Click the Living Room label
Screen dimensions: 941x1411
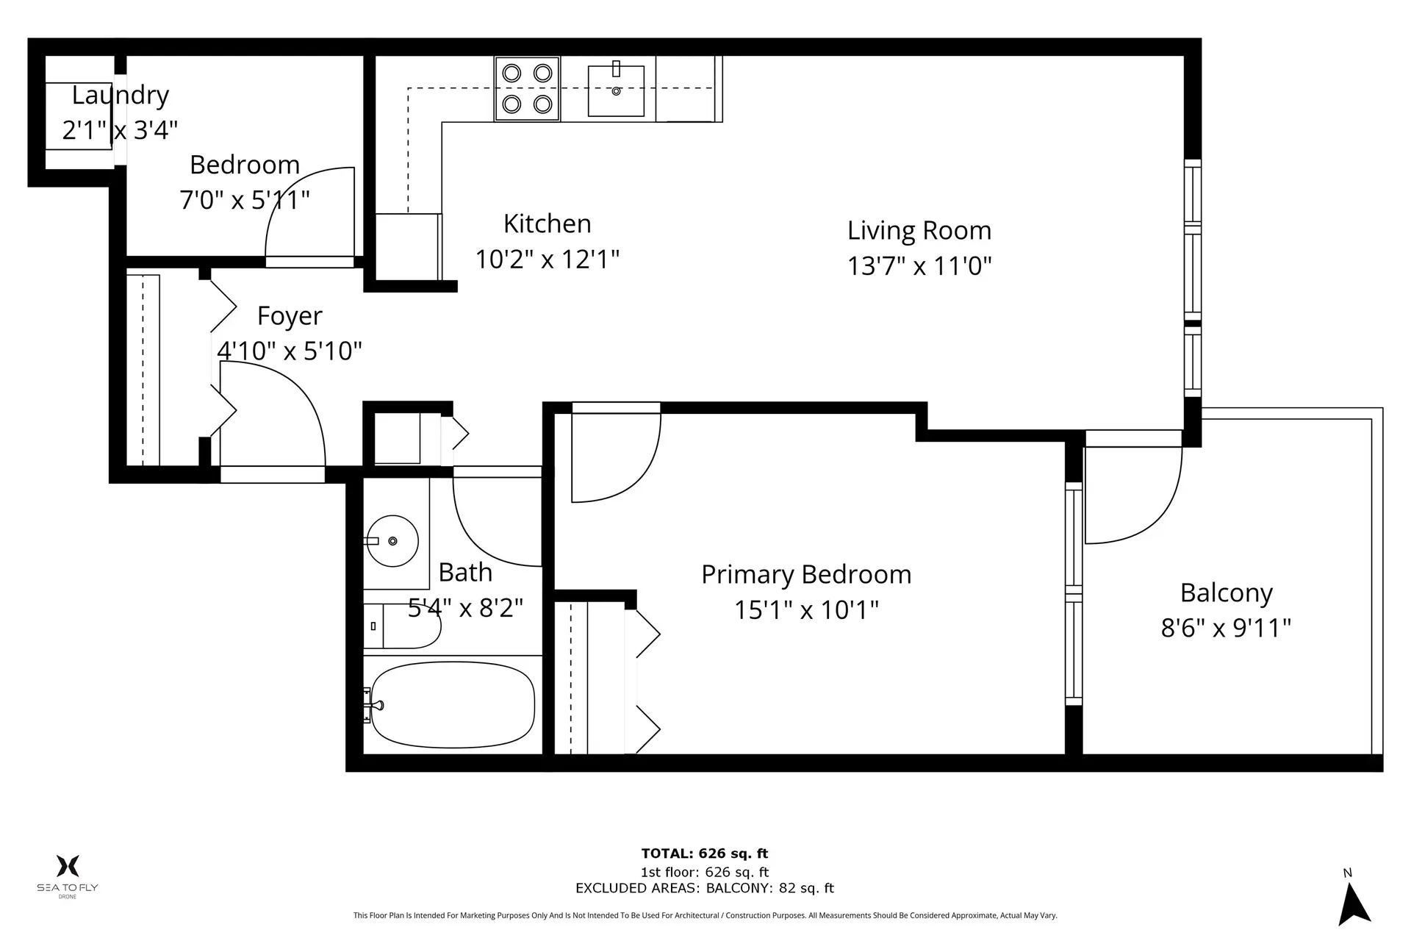click(919, 231)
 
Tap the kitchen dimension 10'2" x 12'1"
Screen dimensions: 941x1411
click(547, 260)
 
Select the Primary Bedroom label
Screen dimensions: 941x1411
click(805, 575)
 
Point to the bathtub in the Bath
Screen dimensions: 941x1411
click(453, 705)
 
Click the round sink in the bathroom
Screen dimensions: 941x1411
click(392, 541)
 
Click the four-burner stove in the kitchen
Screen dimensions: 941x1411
click(527, 89)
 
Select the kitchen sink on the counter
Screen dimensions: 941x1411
click(616, 90)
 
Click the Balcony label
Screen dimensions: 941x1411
click(1226, 593)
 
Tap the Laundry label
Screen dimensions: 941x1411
click(121, 96)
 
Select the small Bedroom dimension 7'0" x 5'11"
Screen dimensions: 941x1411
click(245, 200)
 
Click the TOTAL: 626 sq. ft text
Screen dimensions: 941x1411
click(704, 854)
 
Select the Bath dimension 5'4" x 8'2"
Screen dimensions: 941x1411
click(465, 608)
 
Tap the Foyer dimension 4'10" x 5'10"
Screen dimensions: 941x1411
click(290, 351)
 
